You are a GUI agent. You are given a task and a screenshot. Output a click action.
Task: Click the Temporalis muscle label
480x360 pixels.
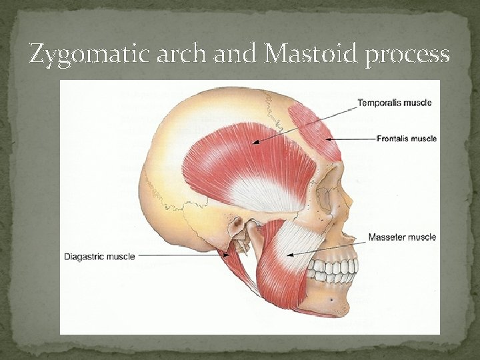pyautogui.click(x=395, y=103)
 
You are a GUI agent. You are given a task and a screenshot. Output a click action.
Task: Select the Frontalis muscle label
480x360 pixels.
pyautogui.click(x=407, y=139)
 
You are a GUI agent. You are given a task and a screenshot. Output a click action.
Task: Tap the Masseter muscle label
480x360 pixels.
pyautogui.click(x=403, y=237)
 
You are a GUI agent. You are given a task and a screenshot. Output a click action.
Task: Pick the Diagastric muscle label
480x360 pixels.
pyautogui.click(x=99, y=256)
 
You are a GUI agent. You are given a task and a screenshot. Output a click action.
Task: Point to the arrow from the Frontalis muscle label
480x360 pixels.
pyautogui.click(x=349, y=139)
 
